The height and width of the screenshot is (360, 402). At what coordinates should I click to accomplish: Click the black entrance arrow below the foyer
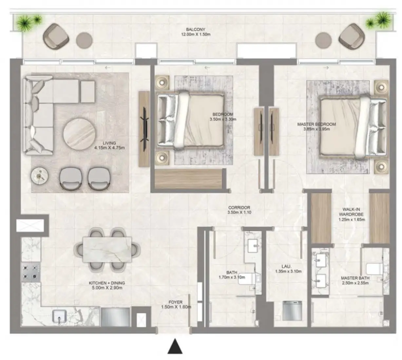coord(175,347)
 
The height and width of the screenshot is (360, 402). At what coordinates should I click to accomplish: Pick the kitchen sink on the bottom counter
coord(60,316)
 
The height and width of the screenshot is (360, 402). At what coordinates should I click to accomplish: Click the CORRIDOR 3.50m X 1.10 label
coord(239,210)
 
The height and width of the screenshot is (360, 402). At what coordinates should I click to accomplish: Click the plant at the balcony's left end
coord(28,22)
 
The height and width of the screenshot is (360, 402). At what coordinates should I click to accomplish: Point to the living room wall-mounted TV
coord(144,128)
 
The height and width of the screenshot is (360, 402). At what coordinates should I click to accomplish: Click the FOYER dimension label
coord(176,305)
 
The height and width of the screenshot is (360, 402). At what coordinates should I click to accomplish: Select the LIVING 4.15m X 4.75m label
coord(109,145)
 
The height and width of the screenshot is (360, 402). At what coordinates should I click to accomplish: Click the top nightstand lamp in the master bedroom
coord(380,87)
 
